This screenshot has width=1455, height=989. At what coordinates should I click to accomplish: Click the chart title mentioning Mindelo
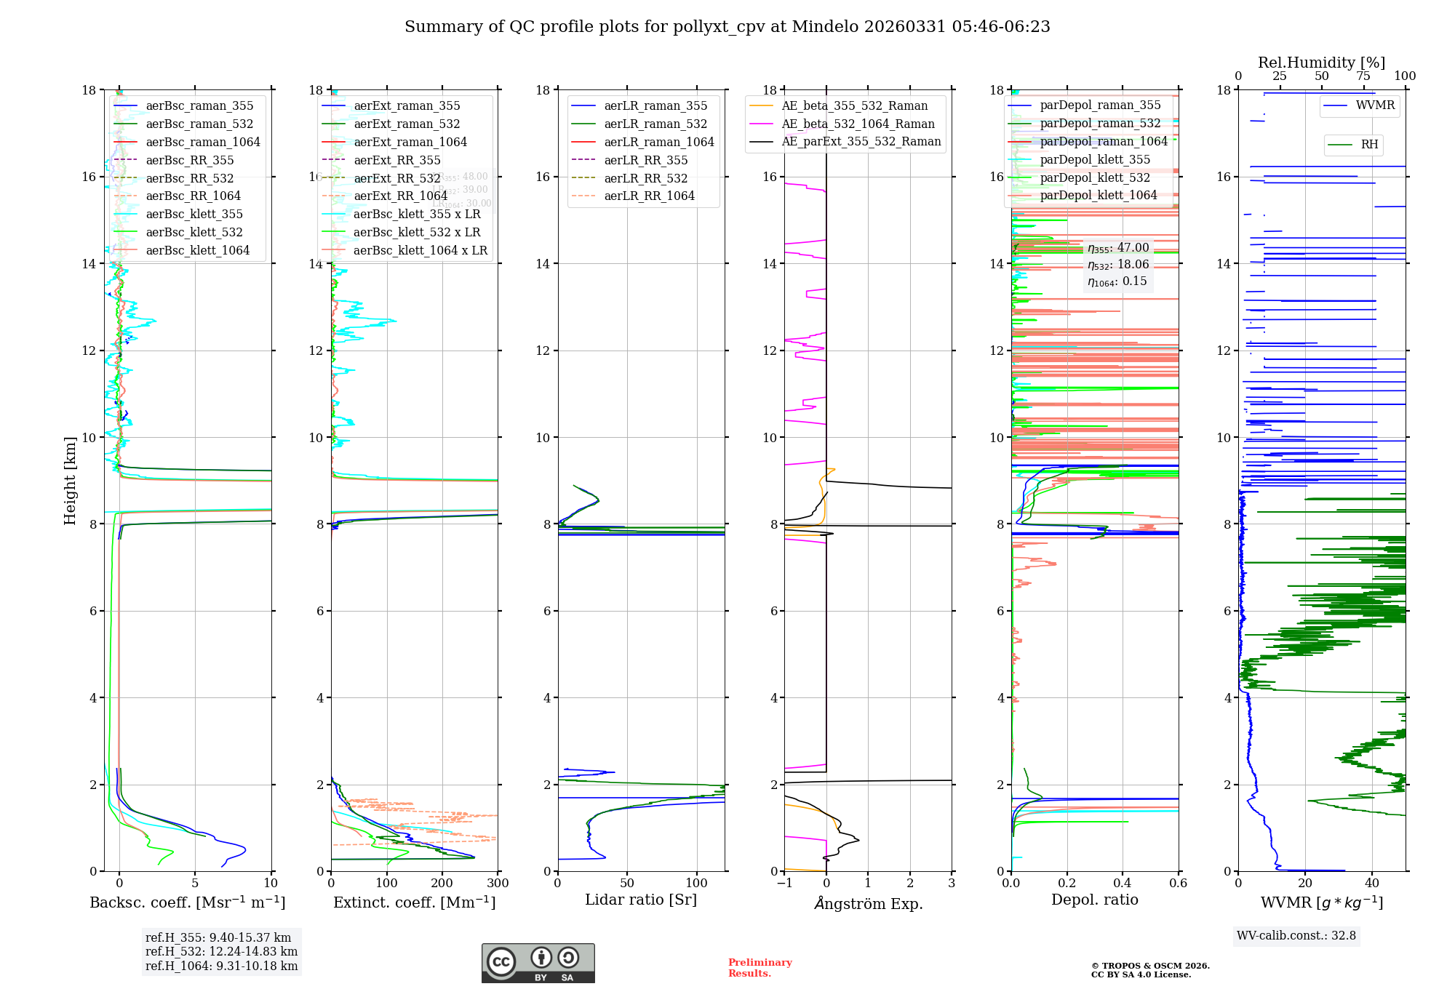pyautogui.click(x=727, y=27)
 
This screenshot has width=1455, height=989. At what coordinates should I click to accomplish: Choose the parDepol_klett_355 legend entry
pyautogui.click(x=1095, y=159)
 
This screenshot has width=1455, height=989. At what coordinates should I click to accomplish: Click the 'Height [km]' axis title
pyautogui.click(x=70, y=481)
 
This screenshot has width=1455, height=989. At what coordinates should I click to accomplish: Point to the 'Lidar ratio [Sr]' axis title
pyautogui.click(x=641, y=900)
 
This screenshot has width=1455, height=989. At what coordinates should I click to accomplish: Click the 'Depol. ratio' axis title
pyautogui.click(x=1095, y=900)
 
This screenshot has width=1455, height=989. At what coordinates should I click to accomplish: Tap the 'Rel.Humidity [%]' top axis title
pyautogui.click(x=1321, y=63)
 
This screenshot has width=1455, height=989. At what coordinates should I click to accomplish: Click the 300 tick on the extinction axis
pyautogui.click(x=498, y=884)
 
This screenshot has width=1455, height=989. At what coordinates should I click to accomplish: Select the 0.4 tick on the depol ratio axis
pyautogui.click(x=1123, y=884)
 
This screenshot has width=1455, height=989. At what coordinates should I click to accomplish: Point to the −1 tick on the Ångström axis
pyautogui.click(x=784, y=884)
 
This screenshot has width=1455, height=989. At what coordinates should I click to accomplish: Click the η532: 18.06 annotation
pyautogui.click(x=1118, y=265)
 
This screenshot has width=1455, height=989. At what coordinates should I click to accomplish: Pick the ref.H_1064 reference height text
pyautogui.click(x=221, y=966)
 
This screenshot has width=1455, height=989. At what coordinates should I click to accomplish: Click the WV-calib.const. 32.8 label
pyautogui.click(x=1296, y=935)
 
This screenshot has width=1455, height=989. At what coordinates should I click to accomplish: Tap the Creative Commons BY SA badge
pyautogui.click(x=538, y=963)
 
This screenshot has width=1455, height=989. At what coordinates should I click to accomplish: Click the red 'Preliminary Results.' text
pyautogui.click(x=760, y=968)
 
